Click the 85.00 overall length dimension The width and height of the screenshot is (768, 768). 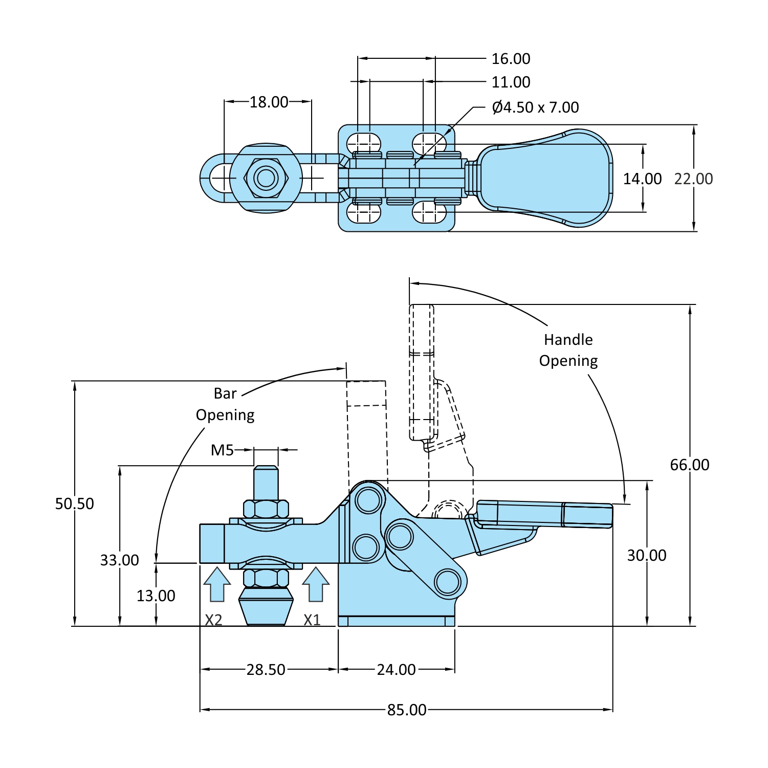(407, 710)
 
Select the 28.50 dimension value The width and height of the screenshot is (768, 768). (266, 669)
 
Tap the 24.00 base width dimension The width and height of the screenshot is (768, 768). (397, 669)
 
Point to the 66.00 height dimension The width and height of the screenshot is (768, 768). (690, 465)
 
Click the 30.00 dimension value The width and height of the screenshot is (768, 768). (647, 555)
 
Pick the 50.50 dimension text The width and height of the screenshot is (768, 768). (75, 503)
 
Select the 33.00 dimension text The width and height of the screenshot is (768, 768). (120, 560)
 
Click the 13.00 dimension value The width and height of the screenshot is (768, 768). (156, 596)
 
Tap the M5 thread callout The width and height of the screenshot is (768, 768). (223, 450)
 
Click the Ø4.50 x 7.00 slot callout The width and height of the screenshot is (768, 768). (535, 107)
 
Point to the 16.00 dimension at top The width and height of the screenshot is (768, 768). (511, 59)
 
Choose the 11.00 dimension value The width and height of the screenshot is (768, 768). (511, 82)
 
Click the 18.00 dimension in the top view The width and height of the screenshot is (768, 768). (269, 102)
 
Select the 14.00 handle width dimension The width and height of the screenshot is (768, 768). (642, 179)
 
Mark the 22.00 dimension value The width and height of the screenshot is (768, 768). (693, 179)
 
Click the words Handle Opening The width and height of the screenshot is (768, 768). (568, 350)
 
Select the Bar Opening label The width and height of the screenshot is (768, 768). (225, 404)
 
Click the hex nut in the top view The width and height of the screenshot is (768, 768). (266, 178)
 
